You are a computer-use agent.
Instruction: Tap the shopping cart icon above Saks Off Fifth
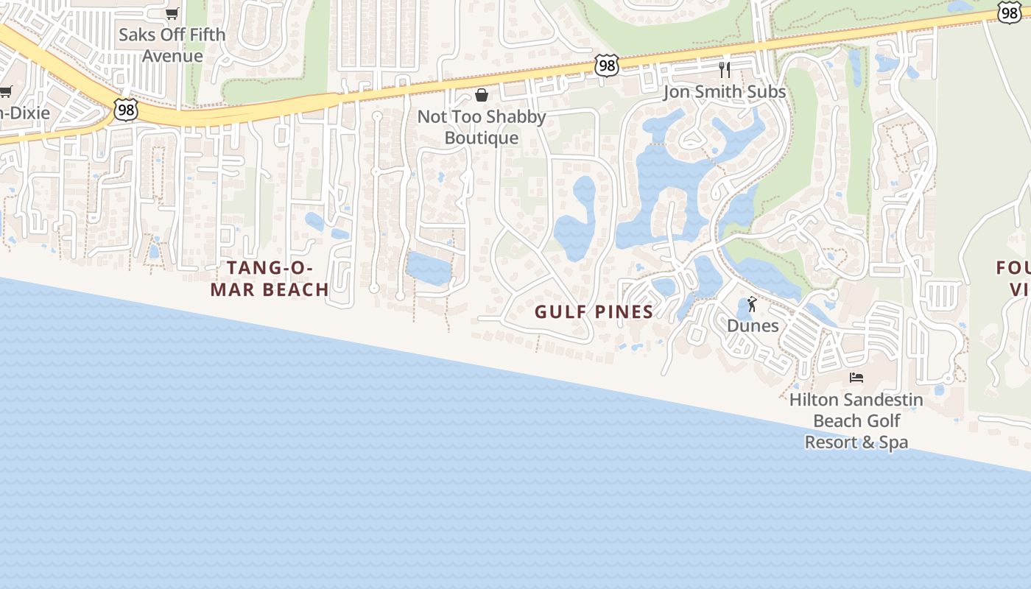[x=172, y=13]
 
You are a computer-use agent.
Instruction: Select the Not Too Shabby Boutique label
[x=482, y=127]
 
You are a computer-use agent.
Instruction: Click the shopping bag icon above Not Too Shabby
[x=482, y=95]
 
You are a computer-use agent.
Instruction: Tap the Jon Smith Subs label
[x=725, y=92]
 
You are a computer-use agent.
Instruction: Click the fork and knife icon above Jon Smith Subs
[x=725, y=70]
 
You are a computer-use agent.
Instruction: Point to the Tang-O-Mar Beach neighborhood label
[x=270, y=279]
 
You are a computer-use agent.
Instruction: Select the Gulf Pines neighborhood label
[x=594, y=311]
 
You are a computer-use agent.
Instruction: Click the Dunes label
[x=753, y=325]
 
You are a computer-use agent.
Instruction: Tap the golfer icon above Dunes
[x=752, y=304]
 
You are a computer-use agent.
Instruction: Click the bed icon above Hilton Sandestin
[x=856, y=378]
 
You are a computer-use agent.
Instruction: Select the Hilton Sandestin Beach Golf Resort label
[x=856, y=421]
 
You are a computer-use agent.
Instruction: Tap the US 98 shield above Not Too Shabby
[x=606, y=65]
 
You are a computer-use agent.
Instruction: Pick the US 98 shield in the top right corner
[x=1010, y=12]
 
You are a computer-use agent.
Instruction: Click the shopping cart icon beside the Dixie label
[x=6, y=91]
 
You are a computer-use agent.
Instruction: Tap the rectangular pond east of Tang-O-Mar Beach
[x=428, y=269]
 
